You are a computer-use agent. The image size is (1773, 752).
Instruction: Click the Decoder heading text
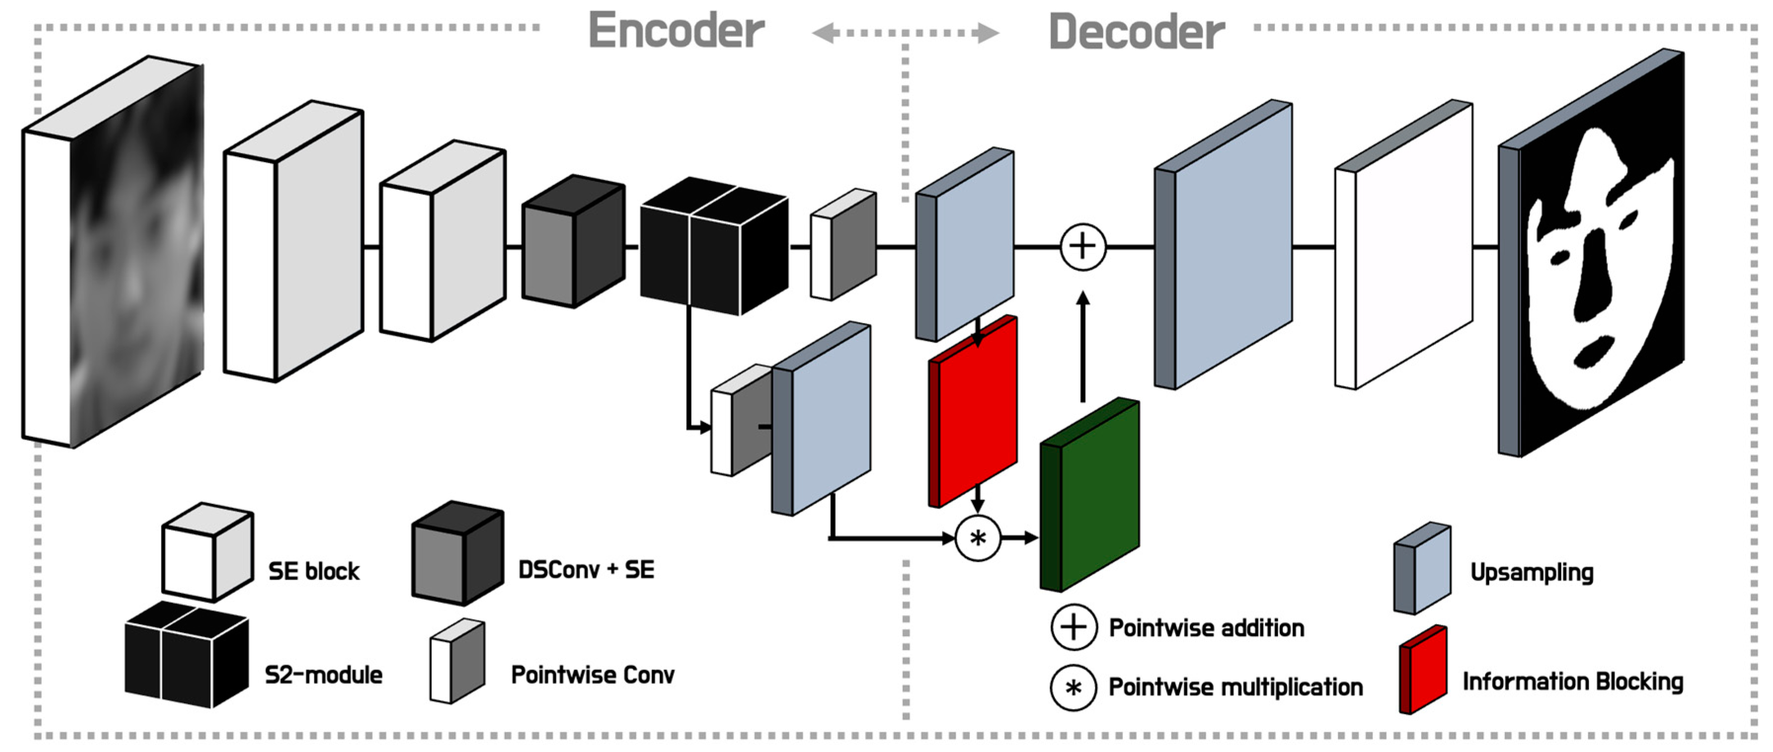click(1136, 33)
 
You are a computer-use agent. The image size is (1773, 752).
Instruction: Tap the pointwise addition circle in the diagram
click(1082, 246)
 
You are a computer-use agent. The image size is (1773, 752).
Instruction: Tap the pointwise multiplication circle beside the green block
click(977, 538)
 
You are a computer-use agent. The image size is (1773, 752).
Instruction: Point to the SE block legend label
click(314, 572)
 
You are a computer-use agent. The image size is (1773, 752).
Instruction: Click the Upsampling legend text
click(1532, 572)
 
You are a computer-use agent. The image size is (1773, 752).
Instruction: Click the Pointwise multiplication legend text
click(1235, 687)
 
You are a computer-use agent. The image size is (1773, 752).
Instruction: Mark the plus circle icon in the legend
click(1073, 628)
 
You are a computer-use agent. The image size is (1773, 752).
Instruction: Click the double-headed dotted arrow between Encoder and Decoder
click(905, 33)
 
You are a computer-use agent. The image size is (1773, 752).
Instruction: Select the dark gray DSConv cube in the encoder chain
click(574, 241)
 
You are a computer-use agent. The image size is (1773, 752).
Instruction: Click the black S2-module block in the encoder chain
click(714, 246)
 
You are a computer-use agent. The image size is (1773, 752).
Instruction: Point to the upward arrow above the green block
click(1082, 344)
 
